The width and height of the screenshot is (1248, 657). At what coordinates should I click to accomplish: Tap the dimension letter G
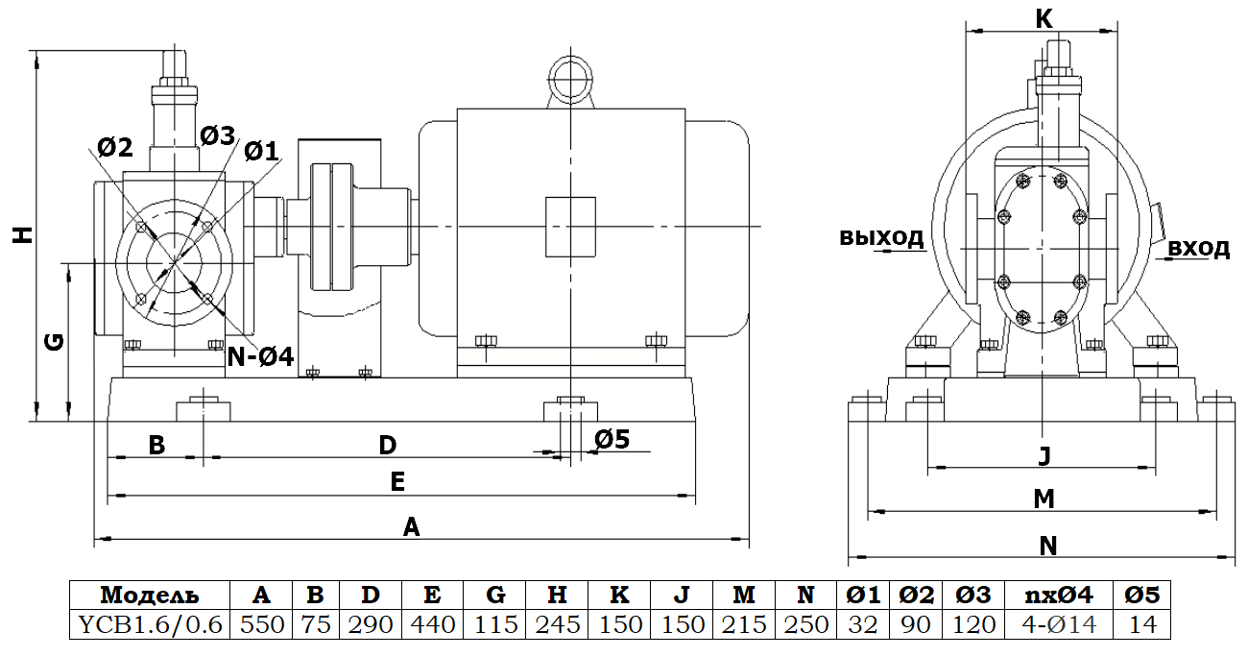[x=56, y=340]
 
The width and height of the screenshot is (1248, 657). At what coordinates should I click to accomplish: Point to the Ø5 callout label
[x=611, y=439]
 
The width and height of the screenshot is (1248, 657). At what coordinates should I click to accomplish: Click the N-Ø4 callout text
[x=260, y=356]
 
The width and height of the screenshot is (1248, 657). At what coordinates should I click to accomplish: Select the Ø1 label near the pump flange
[x=260, y=151]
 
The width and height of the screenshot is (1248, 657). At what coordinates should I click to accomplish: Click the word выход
[x=881, y=236]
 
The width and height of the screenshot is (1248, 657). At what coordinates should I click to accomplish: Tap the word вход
[x=1198, y=249]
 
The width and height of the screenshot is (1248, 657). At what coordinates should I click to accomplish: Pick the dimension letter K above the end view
[x=1044, y=18]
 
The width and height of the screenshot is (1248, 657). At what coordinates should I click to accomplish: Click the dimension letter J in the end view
[x=1044, y=455]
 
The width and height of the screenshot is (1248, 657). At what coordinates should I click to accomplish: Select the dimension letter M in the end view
[x=1044, y=499]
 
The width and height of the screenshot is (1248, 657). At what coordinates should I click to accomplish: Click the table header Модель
[x=150, y=595]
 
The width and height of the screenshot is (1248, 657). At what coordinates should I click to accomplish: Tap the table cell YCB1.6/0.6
[x=150, y=624]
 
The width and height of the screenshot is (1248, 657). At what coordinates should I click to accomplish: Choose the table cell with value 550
[x=262, y=624]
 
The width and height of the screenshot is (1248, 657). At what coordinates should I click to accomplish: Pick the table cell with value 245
[x=558, y=624]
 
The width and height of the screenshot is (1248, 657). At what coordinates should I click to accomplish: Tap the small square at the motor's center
[x=570, y=227]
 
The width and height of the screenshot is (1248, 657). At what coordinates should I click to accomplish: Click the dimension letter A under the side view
[x=411, y=526]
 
